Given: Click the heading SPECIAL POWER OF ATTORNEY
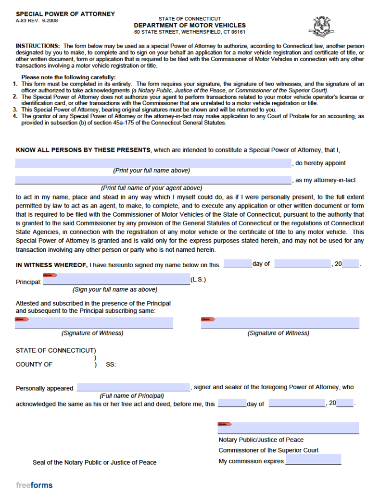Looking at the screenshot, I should point(65,14).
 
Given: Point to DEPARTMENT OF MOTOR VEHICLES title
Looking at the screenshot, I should point(190,25).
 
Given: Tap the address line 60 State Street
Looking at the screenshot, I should point(190,32).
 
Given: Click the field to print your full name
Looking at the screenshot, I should point(153,163).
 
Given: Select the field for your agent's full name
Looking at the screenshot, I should point(153,180).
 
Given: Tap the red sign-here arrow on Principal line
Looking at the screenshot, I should point(50,275).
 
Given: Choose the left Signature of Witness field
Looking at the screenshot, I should point(94,323).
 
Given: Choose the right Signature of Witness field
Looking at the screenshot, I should point(280,323).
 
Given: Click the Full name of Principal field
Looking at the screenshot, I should point(133,387).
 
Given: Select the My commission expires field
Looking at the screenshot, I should point(313,460).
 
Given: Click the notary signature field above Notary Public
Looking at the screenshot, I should point(289,428).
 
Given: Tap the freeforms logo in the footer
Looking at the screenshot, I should point(34,485).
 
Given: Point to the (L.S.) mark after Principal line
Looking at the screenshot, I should point(198,280).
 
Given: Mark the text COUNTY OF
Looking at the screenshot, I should point(34,364).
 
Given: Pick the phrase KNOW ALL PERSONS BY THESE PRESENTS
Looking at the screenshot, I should point(83,150).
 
